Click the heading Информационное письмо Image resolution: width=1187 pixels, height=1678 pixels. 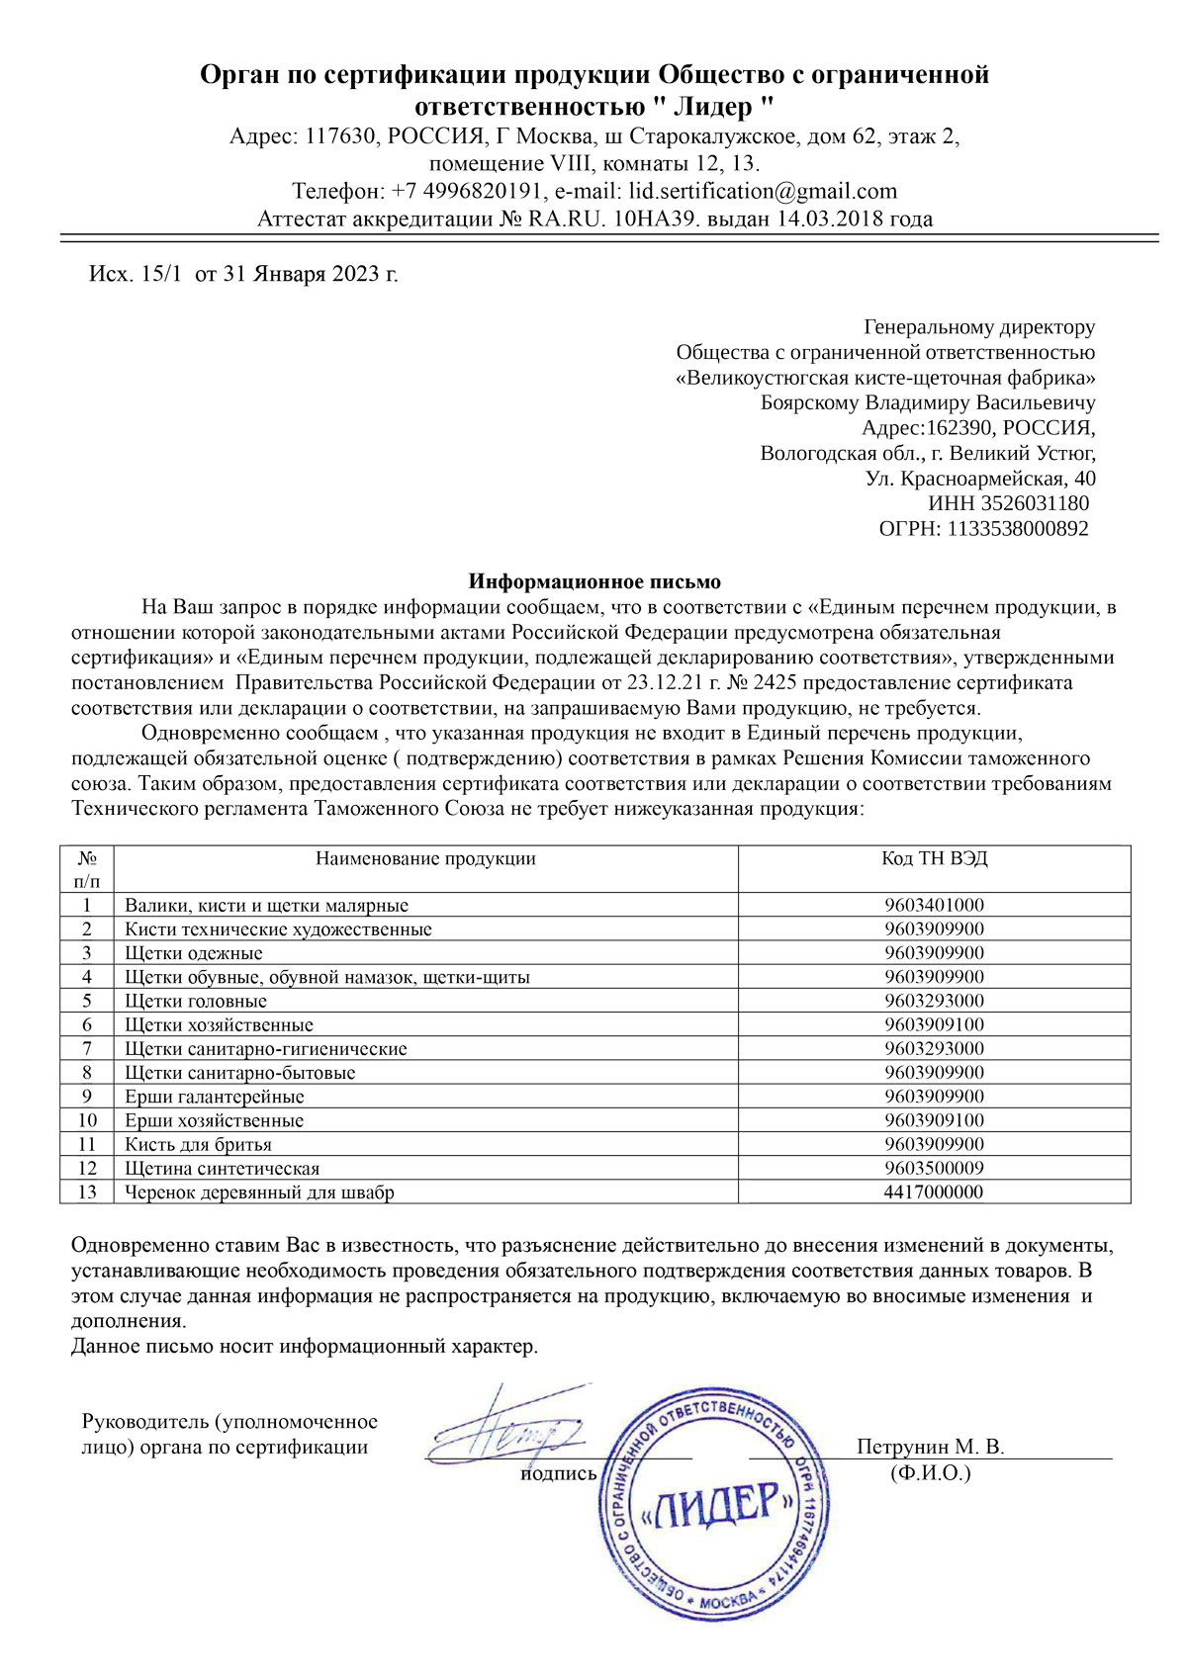point(594,581)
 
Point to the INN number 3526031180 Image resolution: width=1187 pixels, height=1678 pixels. point(1036,504)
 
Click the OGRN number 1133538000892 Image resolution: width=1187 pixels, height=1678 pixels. point(1018,529)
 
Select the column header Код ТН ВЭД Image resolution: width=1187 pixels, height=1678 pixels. point(934,858)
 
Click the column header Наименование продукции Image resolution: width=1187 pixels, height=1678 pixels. point(425,858)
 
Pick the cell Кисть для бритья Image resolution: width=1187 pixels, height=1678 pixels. point(198,1145)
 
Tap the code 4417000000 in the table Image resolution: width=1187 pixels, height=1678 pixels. point(934,1192)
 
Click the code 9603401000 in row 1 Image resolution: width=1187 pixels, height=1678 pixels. point(934,906)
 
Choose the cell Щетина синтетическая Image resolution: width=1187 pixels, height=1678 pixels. point(222,1169)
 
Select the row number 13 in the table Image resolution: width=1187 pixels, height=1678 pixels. point(87,1192)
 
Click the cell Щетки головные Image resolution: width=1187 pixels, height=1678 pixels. point(196,1002)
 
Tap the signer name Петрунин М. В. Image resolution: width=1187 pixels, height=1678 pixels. point(930,1448)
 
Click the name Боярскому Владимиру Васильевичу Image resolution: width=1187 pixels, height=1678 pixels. point(928,403)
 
